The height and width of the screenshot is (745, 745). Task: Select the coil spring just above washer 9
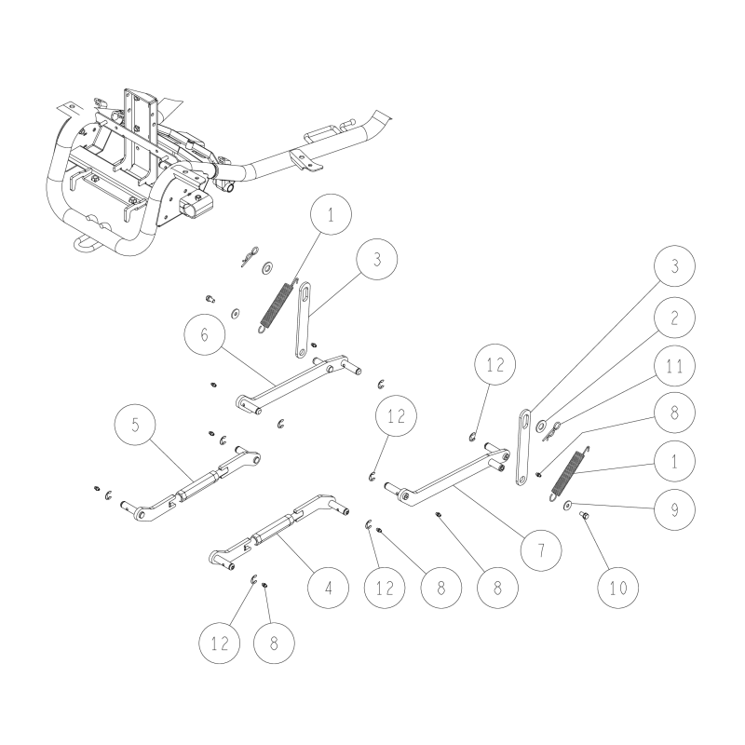[x=568, y=472]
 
